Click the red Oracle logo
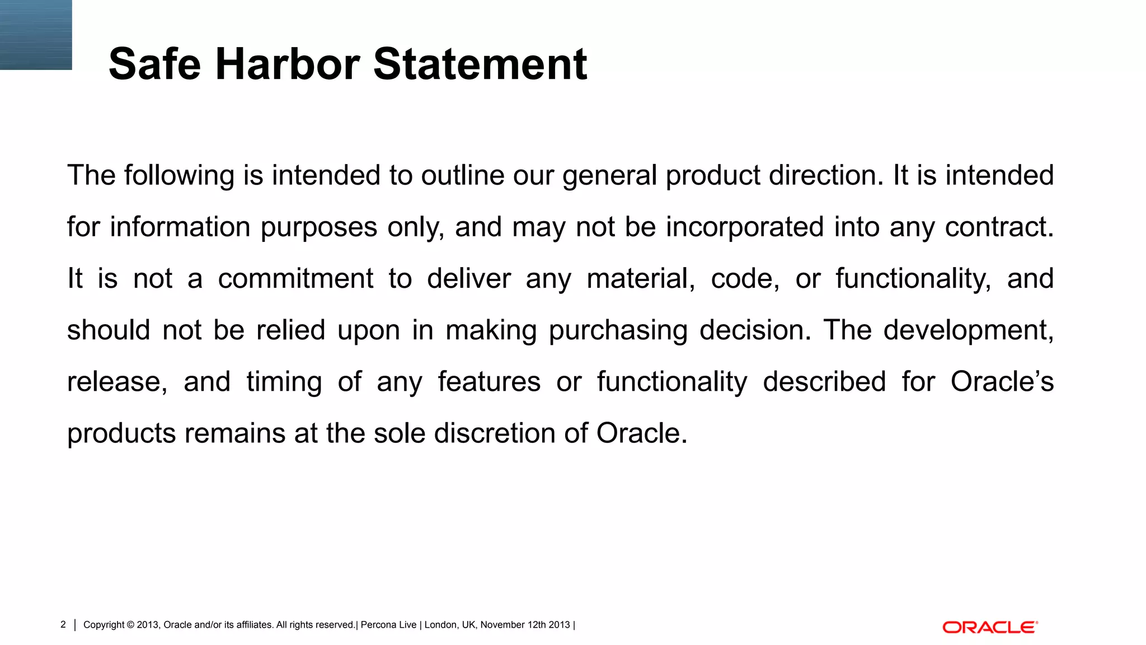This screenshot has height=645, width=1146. point(990,627)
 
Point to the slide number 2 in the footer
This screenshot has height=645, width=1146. point(63,625)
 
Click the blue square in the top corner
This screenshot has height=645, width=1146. point(36,35)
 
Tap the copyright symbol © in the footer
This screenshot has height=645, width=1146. point(130,625)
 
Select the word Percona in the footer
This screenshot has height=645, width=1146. point(378,625)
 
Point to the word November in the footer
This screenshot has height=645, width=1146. point(502,625)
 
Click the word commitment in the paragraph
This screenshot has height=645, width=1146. point(295,279)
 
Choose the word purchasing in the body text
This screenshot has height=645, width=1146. point(618,330)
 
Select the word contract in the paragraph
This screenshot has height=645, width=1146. point(999,227)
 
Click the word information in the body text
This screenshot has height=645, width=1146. point(180,227)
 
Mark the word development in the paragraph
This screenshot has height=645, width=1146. point(968,330)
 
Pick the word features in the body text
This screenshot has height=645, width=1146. point(489,382)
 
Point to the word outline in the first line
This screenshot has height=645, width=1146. point(463,175)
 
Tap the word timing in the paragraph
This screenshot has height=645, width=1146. point(284,382)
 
